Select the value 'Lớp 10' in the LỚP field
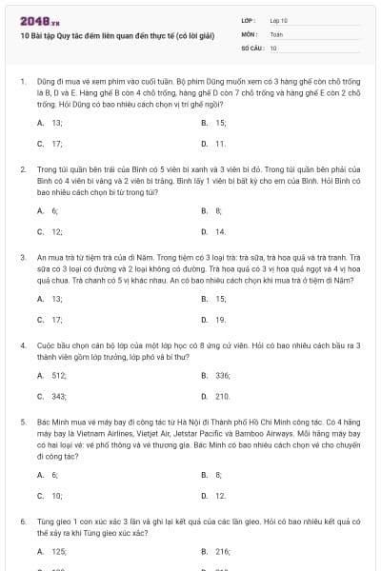tap(278, 20)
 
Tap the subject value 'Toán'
tap(276, 33)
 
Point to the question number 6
tap(23, 522)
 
